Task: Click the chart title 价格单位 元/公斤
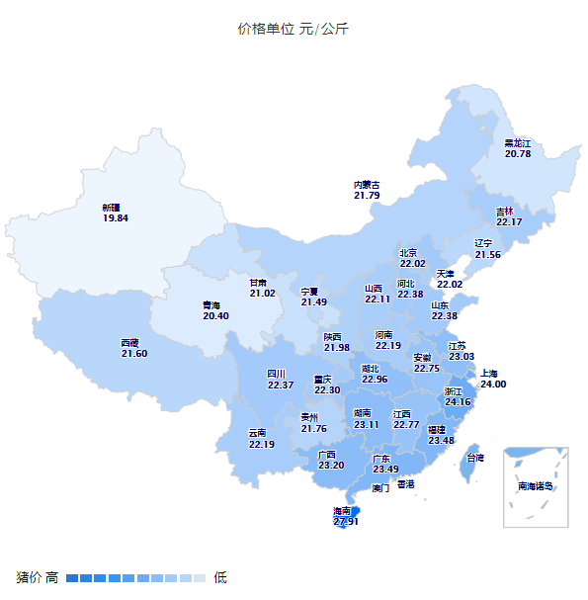[293, 29]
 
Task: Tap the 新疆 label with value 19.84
[116, 213]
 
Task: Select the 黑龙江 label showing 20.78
[518, 148]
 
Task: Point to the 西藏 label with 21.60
[134, 348]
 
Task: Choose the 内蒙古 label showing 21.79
[367, 190]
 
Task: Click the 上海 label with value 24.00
[492, 379]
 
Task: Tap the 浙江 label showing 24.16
[458, 396]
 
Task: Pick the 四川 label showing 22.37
[281, 380]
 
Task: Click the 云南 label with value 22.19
[261, 439]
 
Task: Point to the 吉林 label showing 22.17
[509, 216]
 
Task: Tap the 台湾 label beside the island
[475, 458]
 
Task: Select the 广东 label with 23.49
[385, 464]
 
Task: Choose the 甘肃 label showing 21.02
[262, 287]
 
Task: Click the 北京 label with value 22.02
[412, 258]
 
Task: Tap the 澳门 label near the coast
[380, 488]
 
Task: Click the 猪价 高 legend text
[38, 577]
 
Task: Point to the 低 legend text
[220, 577]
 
